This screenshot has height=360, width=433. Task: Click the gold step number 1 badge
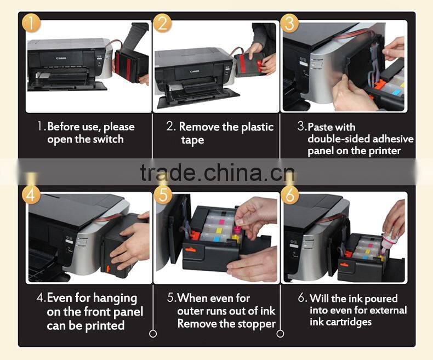pyautogui.click(x=31, y=22)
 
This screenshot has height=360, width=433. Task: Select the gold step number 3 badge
pyautogui.click(x=290, y=23)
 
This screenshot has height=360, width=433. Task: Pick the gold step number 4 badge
pyautogui.click(x=31, y=195)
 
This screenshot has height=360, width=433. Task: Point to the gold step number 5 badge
pyautogui.click(x=163, y=195)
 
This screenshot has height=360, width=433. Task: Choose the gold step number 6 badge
pyautogui.click(x=290, y=195)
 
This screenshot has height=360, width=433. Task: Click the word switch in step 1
pyautogui.click(x=108, y=139)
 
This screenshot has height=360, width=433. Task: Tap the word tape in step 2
pyautogui.click(x=192, y=140)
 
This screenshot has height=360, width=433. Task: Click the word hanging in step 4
pyautogui.click(x=115, y=299)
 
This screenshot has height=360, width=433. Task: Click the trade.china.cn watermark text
pyautogui.click(x=218, y=173)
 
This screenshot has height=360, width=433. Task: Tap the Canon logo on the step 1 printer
pyautogui.click(x=61, y=58)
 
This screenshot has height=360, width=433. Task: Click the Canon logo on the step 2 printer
pyautogui.click(x=195, y=71)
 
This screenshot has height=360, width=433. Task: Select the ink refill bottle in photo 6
pyautogui.click(x=390, y=237)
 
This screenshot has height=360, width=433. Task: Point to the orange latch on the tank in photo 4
pyautogui.click(x=107, y=268)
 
